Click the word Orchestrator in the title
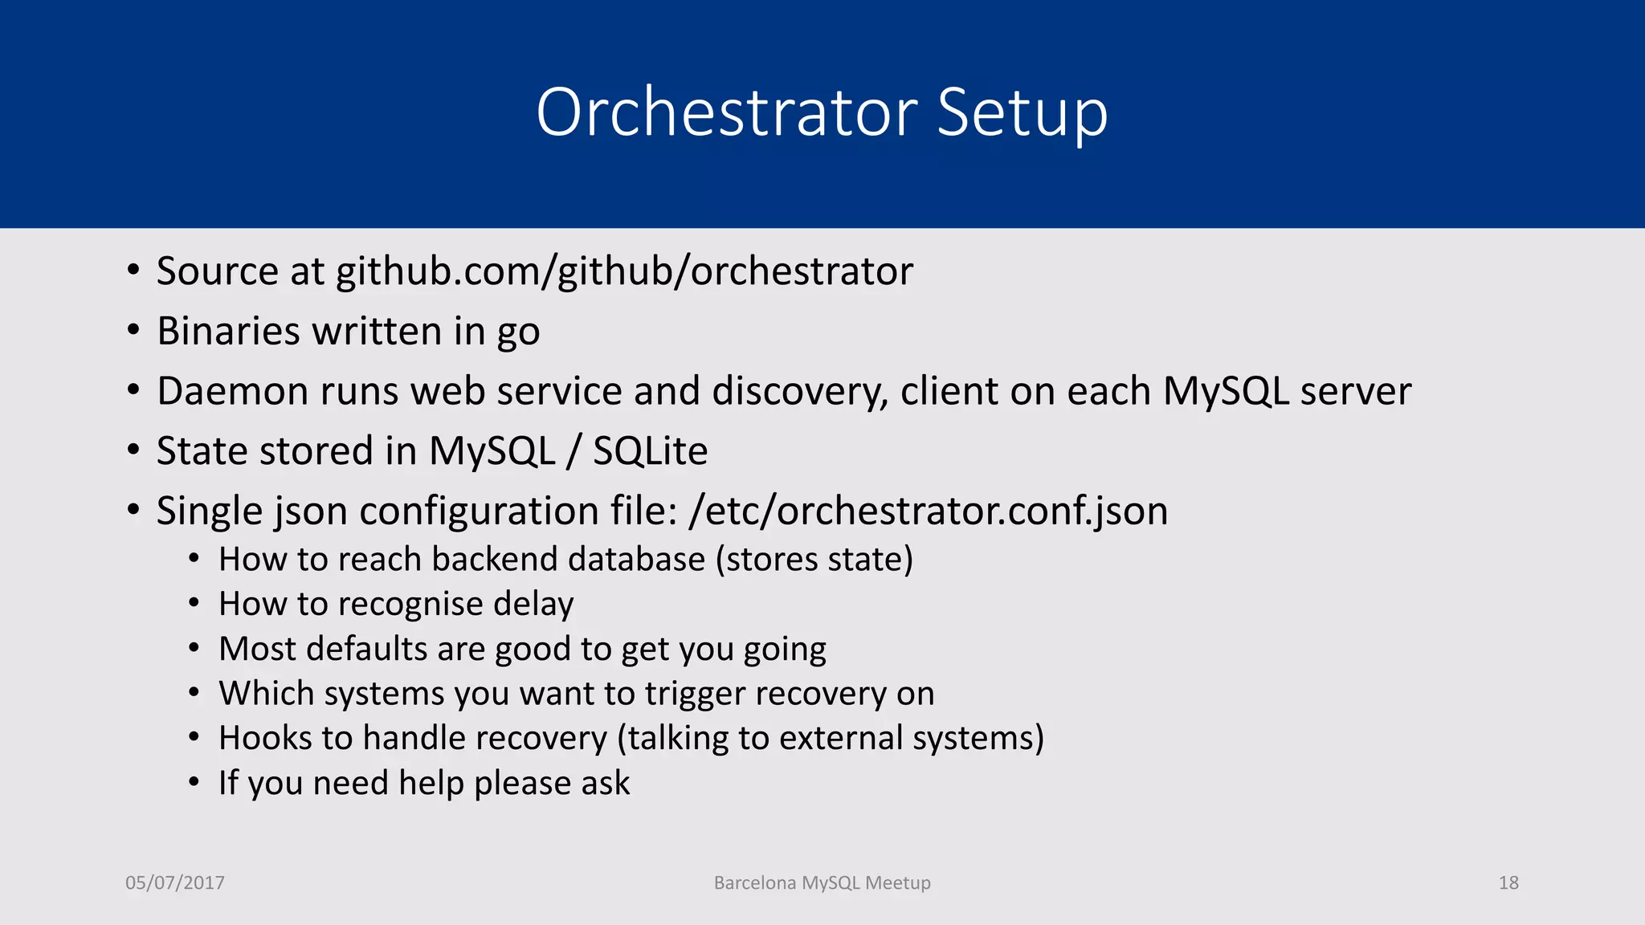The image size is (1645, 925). tap(726, 112)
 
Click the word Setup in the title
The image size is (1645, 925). tap(1022, 112)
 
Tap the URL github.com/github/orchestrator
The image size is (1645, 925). tap(624, 271)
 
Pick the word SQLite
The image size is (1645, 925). tap(650, 451)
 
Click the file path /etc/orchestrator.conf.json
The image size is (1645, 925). tap(928, 511)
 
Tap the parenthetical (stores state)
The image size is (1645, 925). tap(814, 559)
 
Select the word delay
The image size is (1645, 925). tap(533, 604)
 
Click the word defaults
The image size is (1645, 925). tap(370, 649)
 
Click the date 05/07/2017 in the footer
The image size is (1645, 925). tap(175, 882)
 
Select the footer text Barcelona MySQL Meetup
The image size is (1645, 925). tap(822, 882)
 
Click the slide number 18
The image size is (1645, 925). tap(1508, 882)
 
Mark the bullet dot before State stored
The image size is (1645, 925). tap(133, 450)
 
